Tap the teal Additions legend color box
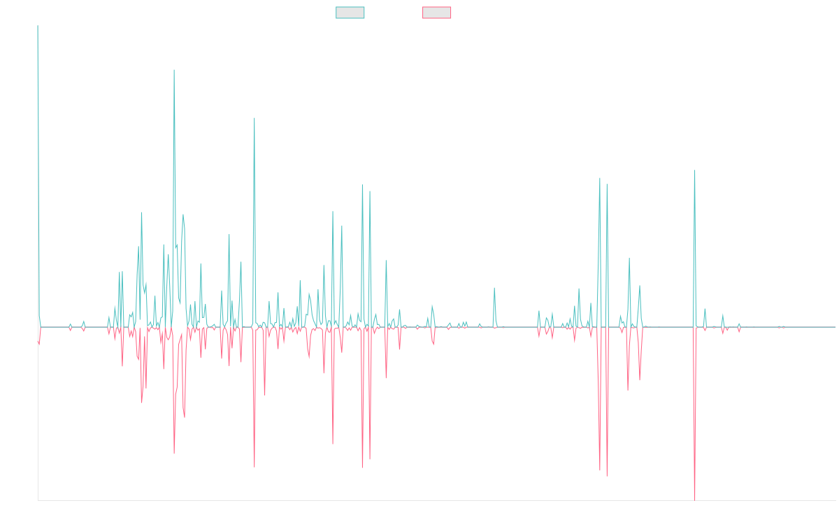pos(350,13)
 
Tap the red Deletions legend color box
pos(437,13)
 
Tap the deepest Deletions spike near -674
pos(694,499)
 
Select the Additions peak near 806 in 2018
pos(254,118)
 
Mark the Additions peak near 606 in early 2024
pos(694,170)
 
